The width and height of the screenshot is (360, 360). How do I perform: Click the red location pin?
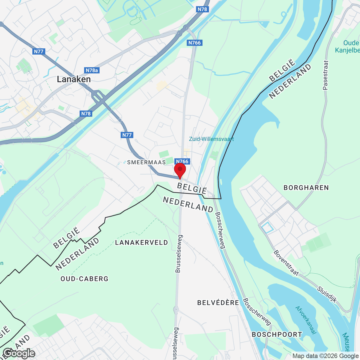180,170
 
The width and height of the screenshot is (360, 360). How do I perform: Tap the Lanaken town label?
74,79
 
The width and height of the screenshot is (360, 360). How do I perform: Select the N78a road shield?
92,70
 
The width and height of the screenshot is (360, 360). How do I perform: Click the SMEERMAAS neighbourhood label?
146,162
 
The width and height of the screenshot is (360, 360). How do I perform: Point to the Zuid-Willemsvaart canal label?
211,139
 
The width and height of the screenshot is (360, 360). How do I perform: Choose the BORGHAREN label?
306,188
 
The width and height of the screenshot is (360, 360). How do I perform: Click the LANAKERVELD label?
141,242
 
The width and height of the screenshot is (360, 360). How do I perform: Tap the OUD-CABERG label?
84,279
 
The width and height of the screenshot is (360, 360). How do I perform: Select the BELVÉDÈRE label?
218,303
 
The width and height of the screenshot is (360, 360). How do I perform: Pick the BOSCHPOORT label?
277,334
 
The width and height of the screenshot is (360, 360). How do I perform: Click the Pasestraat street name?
326,75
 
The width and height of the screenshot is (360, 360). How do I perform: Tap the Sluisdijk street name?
327,294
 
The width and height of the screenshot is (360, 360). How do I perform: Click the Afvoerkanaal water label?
305,320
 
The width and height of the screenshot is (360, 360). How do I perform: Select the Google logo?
19,353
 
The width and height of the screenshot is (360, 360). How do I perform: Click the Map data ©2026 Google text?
325,356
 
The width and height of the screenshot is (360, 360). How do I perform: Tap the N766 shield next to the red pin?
182,161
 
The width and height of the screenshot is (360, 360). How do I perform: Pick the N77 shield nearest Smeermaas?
127,135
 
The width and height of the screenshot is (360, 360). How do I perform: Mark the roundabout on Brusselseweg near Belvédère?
176,309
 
